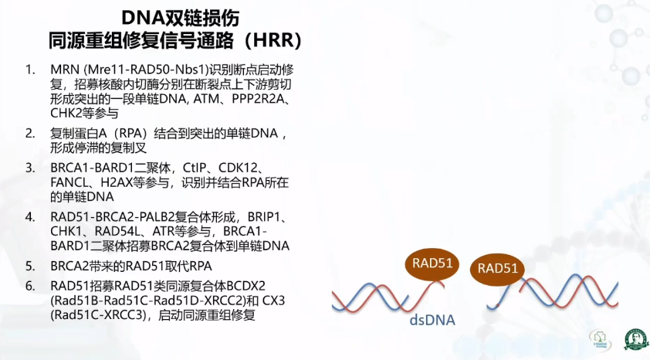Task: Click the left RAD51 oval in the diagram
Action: pos(432,263)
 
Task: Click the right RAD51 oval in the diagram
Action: pos(497,269)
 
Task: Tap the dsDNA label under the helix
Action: pos(432,320)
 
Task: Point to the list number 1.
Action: pos(30,70)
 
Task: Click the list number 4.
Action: pos(30,217)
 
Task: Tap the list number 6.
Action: pos(30,286)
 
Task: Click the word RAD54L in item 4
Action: pos(118,231)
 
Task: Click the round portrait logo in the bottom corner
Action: pos(636,339)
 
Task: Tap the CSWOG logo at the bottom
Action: pos(599,339)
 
